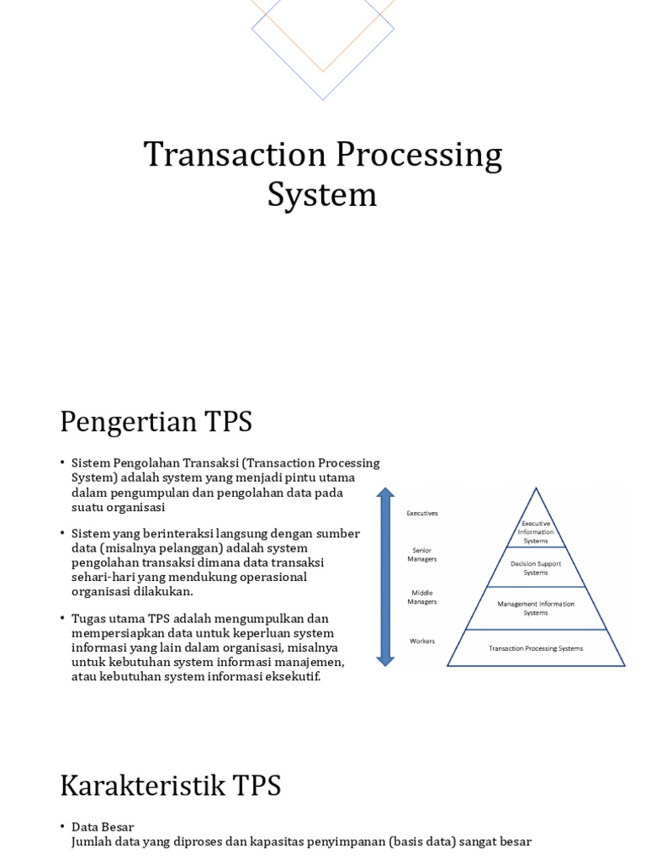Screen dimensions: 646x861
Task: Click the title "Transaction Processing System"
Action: [322, 175]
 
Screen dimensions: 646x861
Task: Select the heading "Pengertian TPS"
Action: [156, 421]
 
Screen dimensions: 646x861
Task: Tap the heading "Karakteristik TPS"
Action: [170, 785]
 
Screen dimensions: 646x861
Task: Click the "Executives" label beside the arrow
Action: [422, 513]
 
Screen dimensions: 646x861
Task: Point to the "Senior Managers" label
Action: [422, 554]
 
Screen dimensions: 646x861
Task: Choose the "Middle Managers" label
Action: [422, 597]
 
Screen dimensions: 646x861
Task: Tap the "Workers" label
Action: [422, 641]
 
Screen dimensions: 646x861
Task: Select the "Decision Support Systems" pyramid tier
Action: [536, 568]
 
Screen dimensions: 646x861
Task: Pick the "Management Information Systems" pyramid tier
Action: [536, 608]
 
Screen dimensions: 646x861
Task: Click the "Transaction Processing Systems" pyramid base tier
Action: [536, 648]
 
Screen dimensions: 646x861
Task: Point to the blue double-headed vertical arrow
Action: [385, 577]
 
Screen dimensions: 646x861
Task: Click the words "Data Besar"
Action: [103, 827]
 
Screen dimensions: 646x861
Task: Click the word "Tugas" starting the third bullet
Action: [89, 618]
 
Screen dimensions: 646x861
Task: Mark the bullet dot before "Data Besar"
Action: [62, 827]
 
